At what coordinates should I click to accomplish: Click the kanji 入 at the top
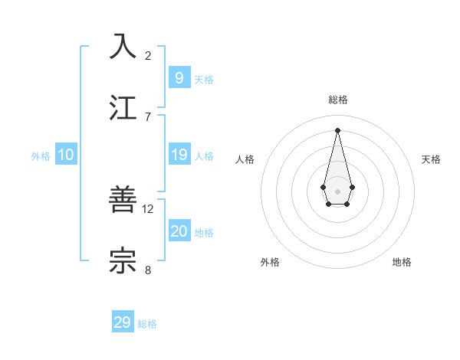pos(123,46)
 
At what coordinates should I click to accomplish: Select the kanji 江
pos(123,107)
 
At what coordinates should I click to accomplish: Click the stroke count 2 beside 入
pos(148,56)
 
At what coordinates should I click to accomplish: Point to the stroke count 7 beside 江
pos(148,117)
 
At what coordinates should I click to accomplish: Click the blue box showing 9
pos(179,77)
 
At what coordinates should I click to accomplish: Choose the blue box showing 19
pos(179,155)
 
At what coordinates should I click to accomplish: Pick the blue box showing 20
pos(179,231)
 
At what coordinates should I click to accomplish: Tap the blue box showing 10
pos(66,155)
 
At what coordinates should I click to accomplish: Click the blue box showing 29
pos(123,322)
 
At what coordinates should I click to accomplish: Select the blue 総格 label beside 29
pos(147,324)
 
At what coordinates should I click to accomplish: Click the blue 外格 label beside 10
pos(41,156)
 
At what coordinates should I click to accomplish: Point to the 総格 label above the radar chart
pos(338,100)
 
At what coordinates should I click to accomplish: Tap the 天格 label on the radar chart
pos(432,159)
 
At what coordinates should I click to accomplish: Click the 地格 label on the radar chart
pos(402,262)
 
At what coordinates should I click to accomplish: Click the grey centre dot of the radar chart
pos(338,191)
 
